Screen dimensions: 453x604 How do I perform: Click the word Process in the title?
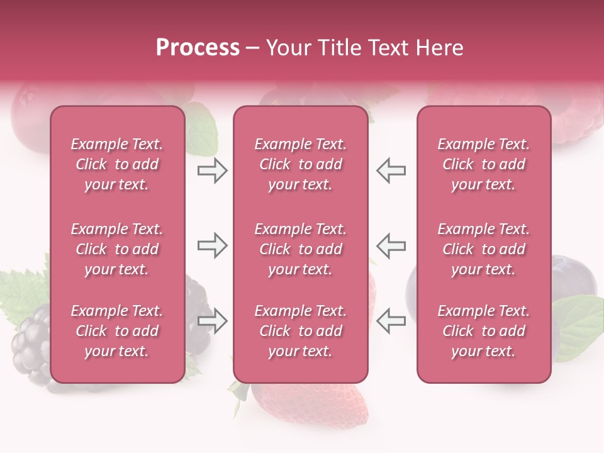click(198, 48)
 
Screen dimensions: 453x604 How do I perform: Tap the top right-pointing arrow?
click(212, 171)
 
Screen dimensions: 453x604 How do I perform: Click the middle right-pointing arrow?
click(212, 245)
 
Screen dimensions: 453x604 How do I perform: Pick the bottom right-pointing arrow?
click(212, 321)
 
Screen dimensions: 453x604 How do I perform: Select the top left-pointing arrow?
click(391, 171)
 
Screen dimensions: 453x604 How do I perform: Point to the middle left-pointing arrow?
click(391, 245)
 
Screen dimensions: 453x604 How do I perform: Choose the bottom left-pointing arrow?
click(391, 321)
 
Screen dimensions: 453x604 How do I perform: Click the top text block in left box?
click(117, 164)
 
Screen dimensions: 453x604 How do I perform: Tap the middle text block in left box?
click(117, 249)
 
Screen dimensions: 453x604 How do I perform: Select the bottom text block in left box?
click(117, 331)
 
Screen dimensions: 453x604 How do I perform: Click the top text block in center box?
click(300, 164)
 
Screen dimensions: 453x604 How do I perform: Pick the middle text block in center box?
click(300, 249)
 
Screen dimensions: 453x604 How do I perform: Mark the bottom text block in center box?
click(300, 331)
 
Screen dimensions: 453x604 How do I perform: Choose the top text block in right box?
click(483, 164)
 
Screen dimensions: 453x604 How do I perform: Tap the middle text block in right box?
click(483, 249)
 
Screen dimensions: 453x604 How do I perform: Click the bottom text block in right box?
click(483, 331)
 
